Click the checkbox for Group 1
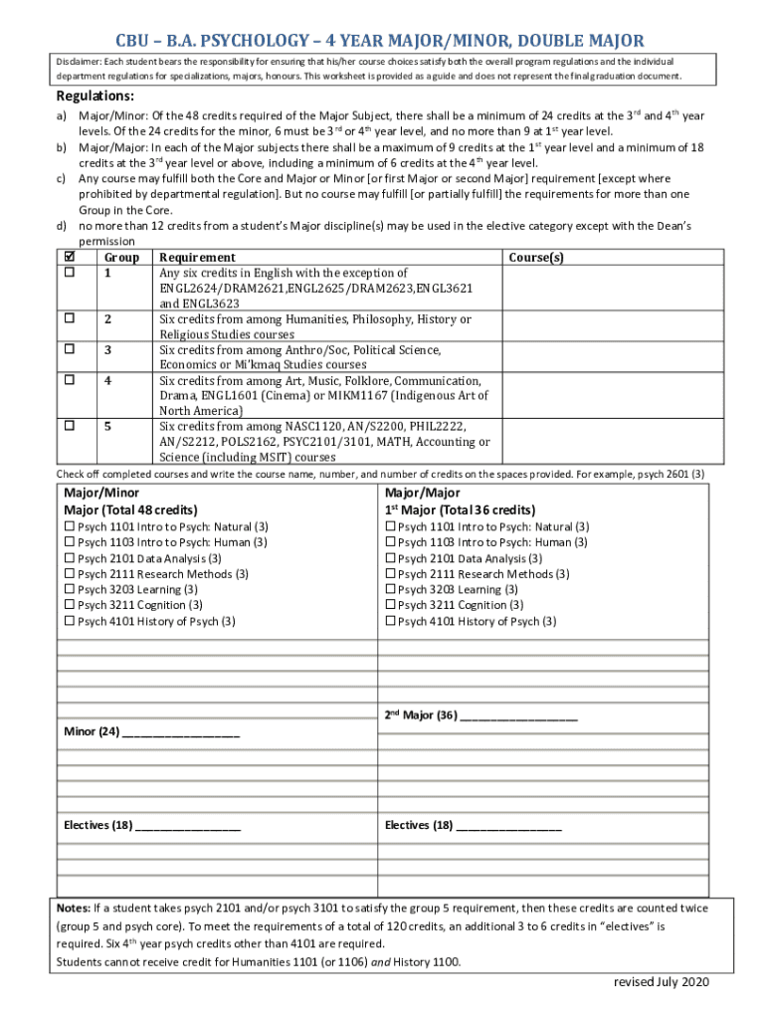(x=70, y=273)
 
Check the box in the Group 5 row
(x=70, y=426)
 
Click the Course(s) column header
(x=536, y=257)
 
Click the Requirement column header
(x=197, y=257)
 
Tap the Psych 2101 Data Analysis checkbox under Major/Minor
(x=70, y=558)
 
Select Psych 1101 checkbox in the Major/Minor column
(x=70, y=526)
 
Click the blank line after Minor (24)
(x=181, y=733)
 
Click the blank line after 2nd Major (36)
(x=519, y=715)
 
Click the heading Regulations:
(x=96, y=96)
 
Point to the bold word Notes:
(x=74, y=909)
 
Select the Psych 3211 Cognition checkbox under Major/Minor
(x=70, y=605)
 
